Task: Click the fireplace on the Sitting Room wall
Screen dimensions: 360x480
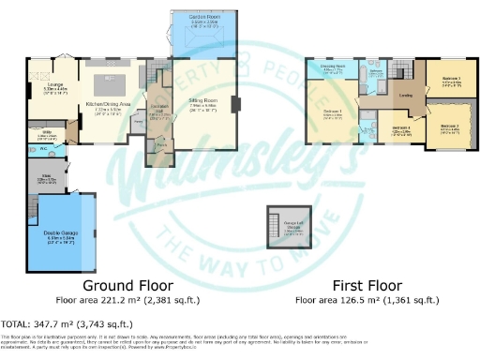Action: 235,104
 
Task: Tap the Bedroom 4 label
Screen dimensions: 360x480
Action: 401,128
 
